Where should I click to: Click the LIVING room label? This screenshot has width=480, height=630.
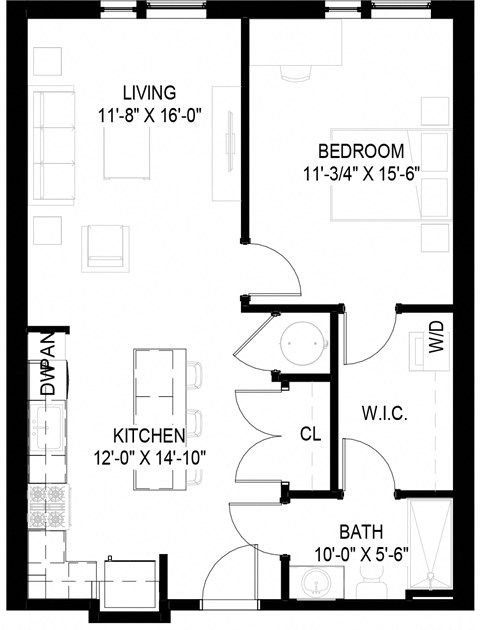coord(151,92)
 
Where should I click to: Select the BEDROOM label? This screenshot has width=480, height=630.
coord(361,151)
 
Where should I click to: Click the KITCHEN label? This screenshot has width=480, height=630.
coord(149,436)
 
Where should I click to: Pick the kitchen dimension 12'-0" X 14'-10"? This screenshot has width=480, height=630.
coord(149,456)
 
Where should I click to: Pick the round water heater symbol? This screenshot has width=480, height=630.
coord(302,342)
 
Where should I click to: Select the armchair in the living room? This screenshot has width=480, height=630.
coord(108,246)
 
